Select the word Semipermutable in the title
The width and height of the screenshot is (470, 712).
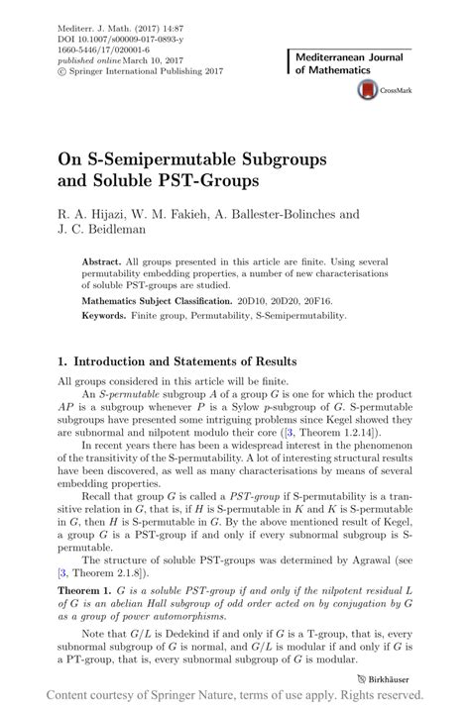pyautogui.click(x=218, y=158)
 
